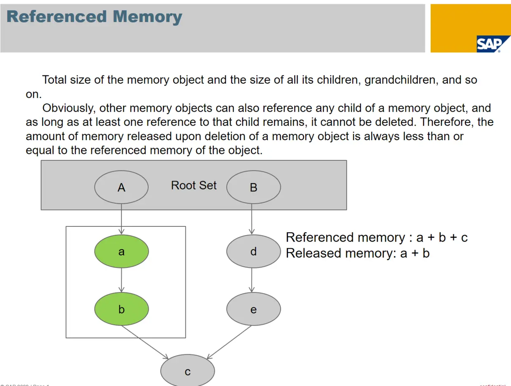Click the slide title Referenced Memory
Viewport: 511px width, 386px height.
coord(94,17)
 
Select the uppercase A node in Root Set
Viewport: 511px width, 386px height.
coord(121,187)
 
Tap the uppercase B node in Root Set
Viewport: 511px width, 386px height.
coord(253,187)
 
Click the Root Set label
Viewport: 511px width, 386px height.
coord(194,186)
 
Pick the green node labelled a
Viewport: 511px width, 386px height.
coord(121,252)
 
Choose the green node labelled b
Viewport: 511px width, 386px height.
coord(121,309)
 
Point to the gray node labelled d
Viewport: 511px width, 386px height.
coord(253,252)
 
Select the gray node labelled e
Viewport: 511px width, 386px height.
coord(253,309)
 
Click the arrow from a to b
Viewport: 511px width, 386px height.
coord(121,280)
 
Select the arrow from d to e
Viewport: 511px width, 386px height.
coord(252,280)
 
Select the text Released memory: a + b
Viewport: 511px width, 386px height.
coord(358,253)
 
